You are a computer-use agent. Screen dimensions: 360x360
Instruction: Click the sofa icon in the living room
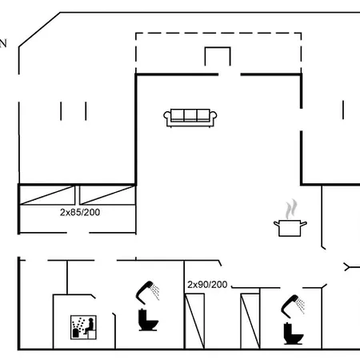click(x=189, y=117)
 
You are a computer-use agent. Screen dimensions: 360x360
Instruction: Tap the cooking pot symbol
click(x=287, y=227)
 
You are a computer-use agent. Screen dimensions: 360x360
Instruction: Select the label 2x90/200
click(x=207, y=285)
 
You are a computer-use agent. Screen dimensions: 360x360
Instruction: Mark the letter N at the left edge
click(x=3, y=45)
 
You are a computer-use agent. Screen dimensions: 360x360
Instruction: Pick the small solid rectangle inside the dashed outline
click(x=218, y=58)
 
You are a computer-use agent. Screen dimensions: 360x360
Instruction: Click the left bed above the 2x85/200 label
click(x=49, y=194)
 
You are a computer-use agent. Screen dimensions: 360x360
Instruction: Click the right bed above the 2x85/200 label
click(x=107, y=194)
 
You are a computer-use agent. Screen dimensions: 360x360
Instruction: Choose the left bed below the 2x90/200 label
click(x=196, y=320)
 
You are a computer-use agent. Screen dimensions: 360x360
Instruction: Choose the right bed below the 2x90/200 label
click(x=250, y=320)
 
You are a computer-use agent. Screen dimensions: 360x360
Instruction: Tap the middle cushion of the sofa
click(x=190, y=116)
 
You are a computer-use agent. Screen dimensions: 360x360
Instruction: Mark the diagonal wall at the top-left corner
click(x=38, y=30)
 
